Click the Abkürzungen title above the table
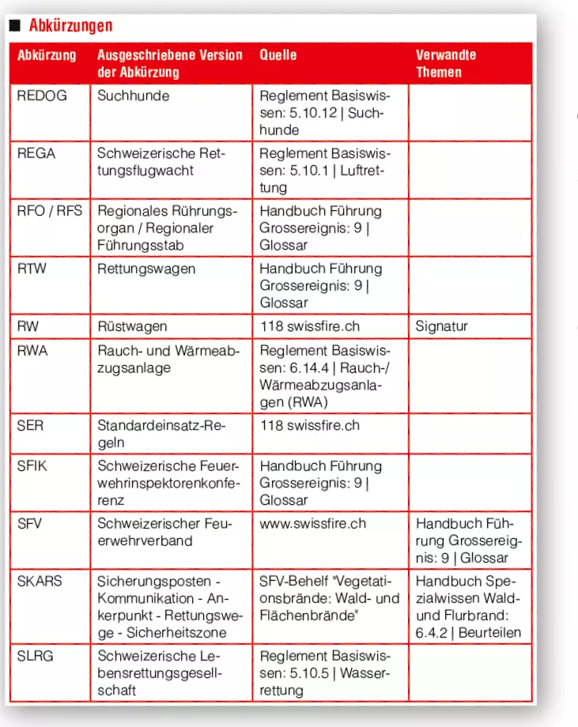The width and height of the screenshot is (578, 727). pos(70,26)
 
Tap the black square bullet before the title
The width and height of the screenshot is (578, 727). pos(13,26)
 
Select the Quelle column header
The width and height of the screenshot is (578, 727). pos(278,55)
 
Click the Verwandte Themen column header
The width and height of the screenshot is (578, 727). pos(446,63)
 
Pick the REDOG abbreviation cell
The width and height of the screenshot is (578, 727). pos(42,96)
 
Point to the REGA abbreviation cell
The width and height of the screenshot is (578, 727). pos(36,153)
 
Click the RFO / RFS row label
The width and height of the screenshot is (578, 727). pos(49,211)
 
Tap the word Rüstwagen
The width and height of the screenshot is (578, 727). pos(132,326)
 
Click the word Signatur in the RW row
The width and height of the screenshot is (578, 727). pos(442,326)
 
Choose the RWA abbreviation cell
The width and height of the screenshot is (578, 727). pos(32,350)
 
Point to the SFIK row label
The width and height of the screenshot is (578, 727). pos(32,465)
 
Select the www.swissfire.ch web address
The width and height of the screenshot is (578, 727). pos(312,523)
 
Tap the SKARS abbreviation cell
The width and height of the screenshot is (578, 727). pos(40,581)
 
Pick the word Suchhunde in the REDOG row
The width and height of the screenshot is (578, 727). pos(133,96)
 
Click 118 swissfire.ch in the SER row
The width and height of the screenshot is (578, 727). pos(309,425)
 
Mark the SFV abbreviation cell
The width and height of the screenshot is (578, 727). pos(30,523)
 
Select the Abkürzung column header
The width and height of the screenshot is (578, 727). pos(47,55)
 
